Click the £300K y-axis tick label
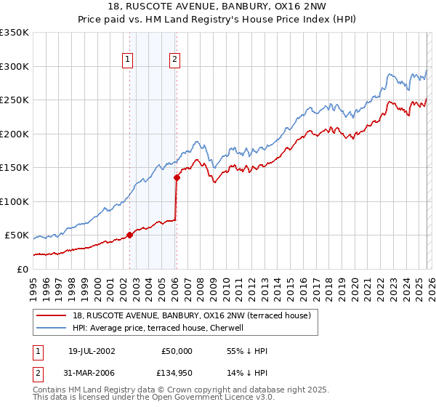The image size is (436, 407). tap(15, 66)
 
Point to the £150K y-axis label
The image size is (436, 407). tap(15, 167)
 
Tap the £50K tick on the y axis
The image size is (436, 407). tap(17, 235)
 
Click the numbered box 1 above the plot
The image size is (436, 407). tap(128, 60)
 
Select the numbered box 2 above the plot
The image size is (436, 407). tap(176, 60)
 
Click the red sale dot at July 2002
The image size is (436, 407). tap(130, 235)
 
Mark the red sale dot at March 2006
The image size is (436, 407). tap(177, 177)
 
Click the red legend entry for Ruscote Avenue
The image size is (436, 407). tap(192, 315)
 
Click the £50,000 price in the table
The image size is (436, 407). tap(178, 351)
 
